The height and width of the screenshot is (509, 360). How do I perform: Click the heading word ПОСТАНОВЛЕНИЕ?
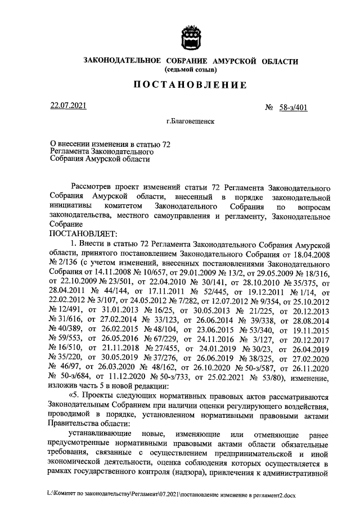click(190, 85)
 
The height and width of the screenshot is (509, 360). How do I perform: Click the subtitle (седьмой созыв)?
click(190, 70)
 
